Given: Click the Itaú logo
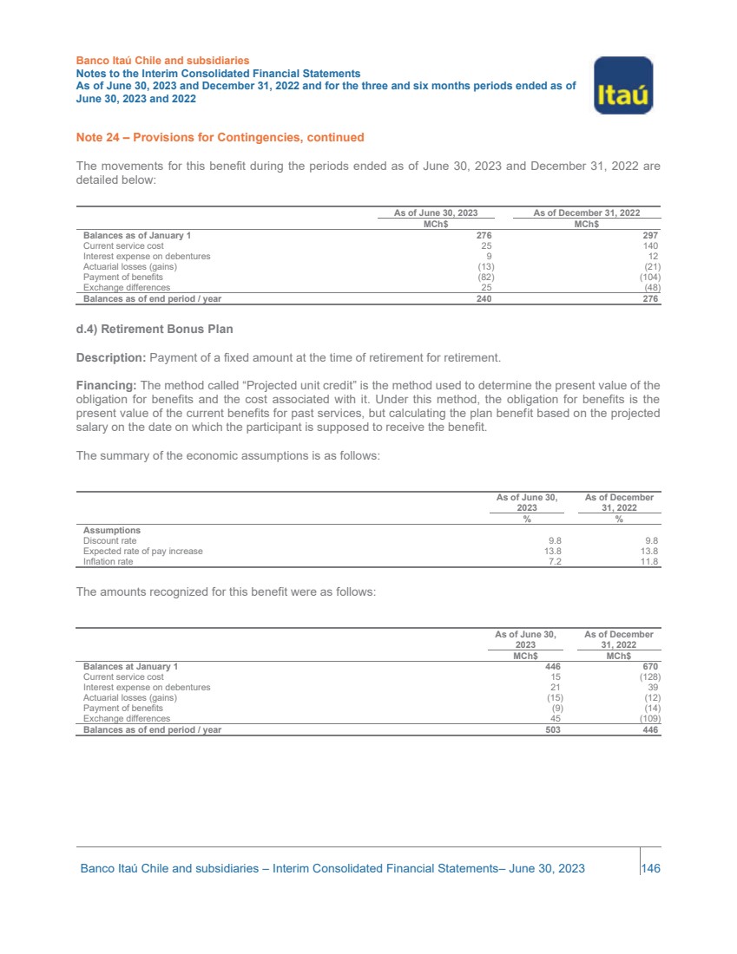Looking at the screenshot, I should coord(622,85).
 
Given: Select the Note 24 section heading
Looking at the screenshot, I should coord(220,137).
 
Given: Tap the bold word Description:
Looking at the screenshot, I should coord(112,356).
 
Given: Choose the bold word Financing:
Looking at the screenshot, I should coord(108,385).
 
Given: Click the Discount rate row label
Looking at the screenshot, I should coord(109,540).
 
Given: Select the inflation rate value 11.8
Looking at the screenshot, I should coord(649,562).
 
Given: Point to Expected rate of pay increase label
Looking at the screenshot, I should coord(142,551).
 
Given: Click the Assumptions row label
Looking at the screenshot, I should coord(111,530).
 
